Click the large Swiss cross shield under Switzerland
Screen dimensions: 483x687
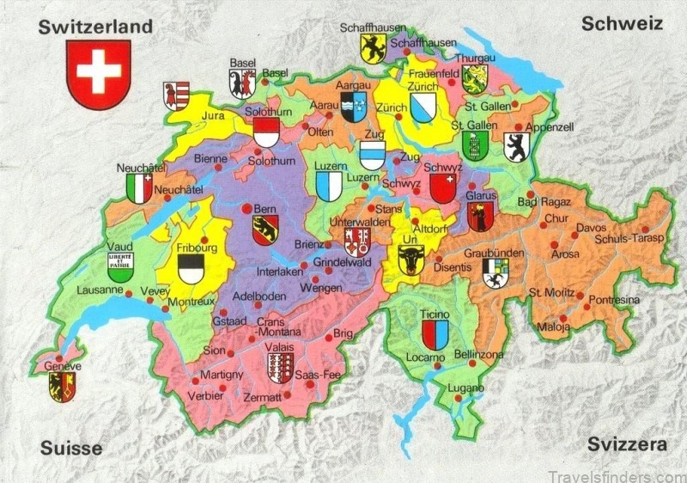click(97, 74)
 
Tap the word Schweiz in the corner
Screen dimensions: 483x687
click(623, 24)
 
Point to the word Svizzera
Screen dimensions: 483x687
click(627, 444)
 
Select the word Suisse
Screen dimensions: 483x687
click(71, 448)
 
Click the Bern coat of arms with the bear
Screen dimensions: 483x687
click(264, 229)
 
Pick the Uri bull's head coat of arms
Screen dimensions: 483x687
click(411, 259)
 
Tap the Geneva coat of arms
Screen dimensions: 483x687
click(63, 387)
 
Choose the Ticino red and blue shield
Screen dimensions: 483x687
click(435, 334)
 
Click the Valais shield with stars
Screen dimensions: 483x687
click(280, 367)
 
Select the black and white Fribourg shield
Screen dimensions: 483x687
click(192, 269)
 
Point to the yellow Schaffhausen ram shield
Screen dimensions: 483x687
click(372, 48)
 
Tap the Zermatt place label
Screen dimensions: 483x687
click(262, 397)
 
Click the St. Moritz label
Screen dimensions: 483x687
click(550, 293)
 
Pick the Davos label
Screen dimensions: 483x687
click(590, 229)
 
